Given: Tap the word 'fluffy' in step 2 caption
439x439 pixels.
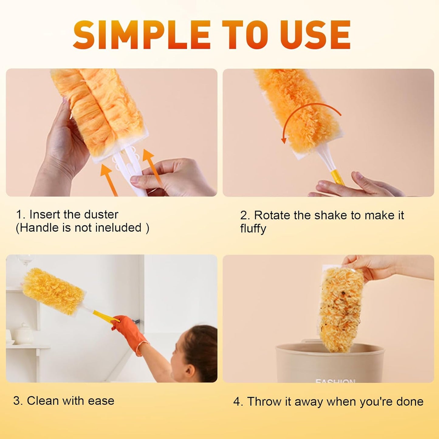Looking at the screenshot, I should pos(253,228).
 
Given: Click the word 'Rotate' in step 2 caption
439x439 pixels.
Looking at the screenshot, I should pos(272,215).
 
